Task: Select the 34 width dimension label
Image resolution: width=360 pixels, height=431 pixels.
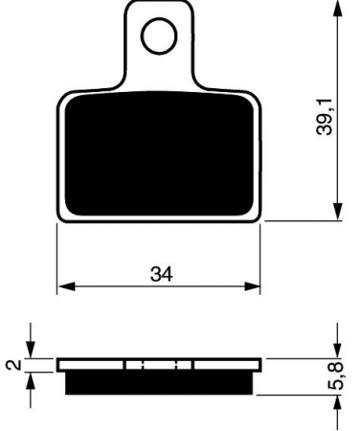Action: coord(161,274)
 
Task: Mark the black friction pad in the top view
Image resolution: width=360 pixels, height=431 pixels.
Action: coord(159,153)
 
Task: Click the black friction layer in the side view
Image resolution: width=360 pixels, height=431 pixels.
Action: coord(159,383)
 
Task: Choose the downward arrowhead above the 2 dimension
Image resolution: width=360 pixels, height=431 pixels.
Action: coord(34,352)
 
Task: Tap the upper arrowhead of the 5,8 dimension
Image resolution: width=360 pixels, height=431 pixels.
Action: coord(337,352)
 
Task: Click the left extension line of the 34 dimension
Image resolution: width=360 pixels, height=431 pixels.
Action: coord(58,259)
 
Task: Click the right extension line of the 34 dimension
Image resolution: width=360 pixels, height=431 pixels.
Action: coord(261,259)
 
